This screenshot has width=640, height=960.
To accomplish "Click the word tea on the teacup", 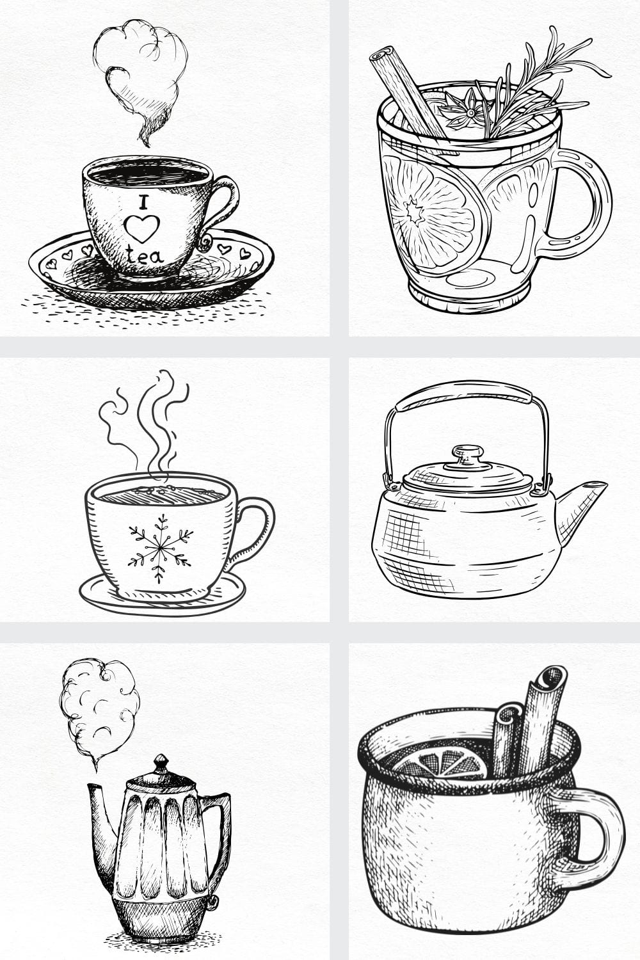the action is click(145, 255).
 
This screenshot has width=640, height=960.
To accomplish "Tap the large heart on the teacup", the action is click(142, 228).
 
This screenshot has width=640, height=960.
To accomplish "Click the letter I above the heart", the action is click(143, 202).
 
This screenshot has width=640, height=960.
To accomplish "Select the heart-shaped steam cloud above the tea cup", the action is click(141, 79).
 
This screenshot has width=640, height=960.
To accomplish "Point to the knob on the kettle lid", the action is click(467, 455).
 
